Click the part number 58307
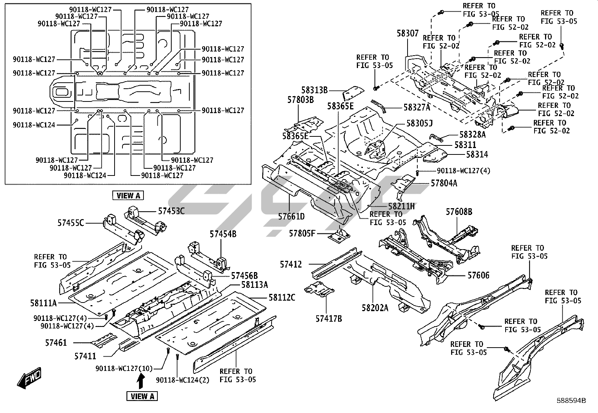[x=408, y=33]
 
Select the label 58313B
[x=314, y=90]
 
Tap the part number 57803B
[x=301, y=100]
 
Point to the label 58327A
[x=417, y=107]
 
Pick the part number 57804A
[x=444, y=183]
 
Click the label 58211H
[x=401, y=206]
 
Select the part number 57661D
[x=291, y=216]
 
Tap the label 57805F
[x=302, y=233]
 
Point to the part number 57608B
[x=459, y=212]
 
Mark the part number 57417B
[x=329, y=319]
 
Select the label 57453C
[x=171, y=211]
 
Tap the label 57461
[x=56, y=343]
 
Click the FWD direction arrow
[x=29, y=378]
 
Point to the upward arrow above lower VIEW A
[x=140, y=382]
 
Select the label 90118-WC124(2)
[x=183, y=380]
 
